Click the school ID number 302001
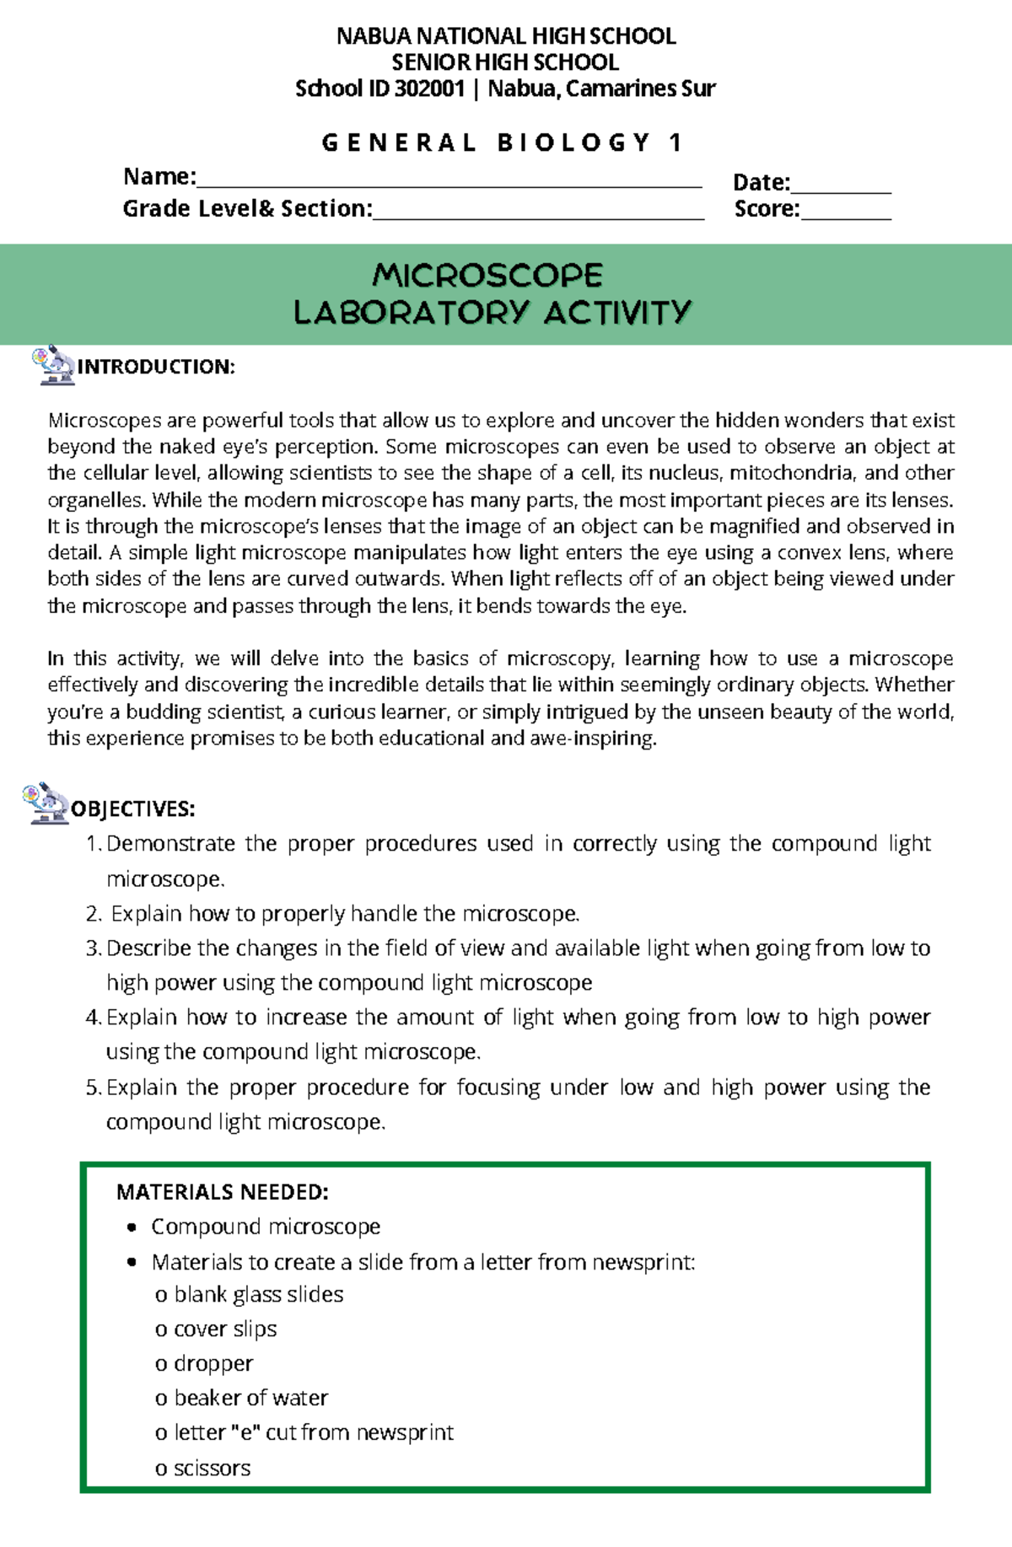pos(429,89)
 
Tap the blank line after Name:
pos(449,185)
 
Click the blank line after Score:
pos(846,217)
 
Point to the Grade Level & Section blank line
pos(538,216)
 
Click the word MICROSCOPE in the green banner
pos(487,276)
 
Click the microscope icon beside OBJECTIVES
pos(47,803)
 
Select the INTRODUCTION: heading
pos(156,367)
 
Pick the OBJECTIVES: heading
pos(132,809)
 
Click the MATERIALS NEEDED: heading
pos(223,1191)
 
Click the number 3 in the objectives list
pos(93,948)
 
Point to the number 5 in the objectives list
pos(93,1088)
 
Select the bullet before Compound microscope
pos(131,1227)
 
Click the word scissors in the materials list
pos(212,1468)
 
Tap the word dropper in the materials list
pos(213,1363)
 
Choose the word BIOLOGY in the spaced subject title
pos(574,142)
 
